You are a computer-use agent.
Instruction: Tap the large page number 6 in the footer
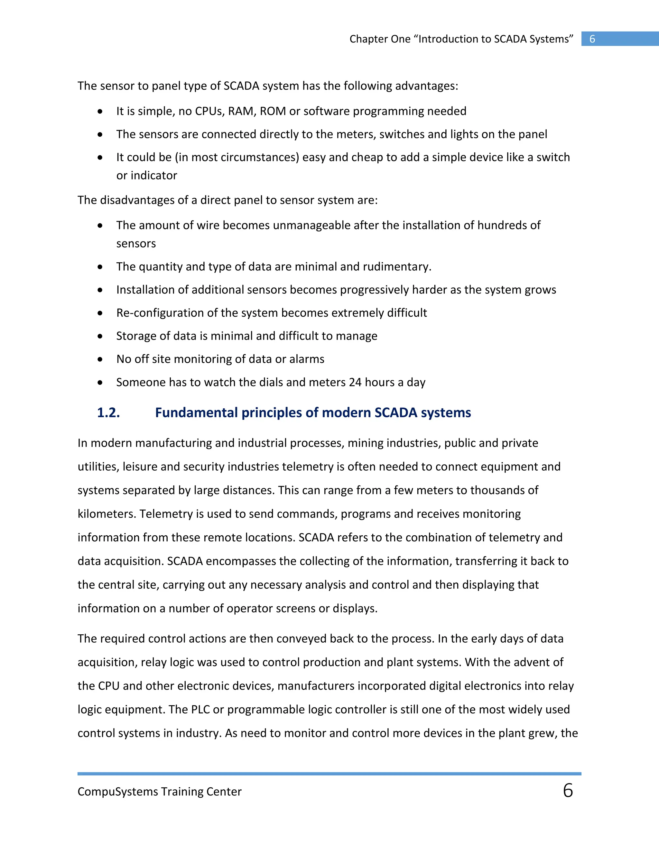pos(568,790)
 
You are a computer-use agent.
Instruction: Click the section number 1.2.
pos(108,413)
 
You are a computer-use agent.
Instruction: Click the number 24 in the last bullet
pos(355,382)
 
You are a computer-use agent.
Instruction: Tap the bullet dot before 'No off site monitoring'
pos(100,359)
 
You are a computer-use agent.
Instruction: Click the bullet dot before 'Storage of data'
pos(100,336)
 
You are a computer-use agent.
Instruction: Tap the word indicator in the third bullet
pos(154,176)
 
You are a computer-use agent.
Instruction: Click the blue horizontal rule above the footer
pos(329,774)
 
